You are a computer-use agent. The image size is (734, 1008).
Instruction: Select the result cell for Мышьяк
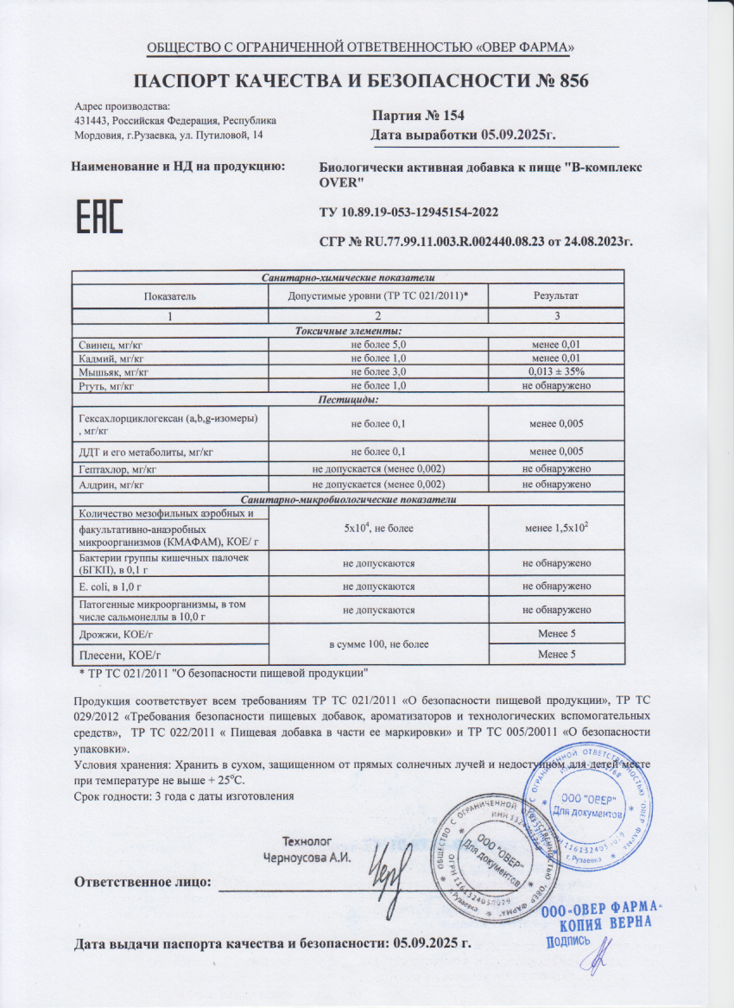pyautogui.click(x=556, y=371)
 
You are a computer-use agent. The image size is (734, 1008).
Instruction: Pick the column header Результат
pyautogui.click(x=556, y=295)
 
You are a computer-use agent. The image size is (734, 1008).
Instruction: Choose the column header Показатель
pyautogui.click(x=170, y=295)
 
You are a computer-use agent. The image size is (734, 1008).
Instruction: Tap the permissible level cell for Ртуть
pyautogui.click(x=378, y=384)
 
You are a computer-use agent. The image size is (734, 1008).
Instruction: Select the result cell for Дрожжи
pyautogui.click(x=556, y=634)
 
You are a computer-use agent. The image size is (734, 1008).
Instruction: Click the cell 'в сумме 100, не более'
pyautogui.click(x=378, y=644)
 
